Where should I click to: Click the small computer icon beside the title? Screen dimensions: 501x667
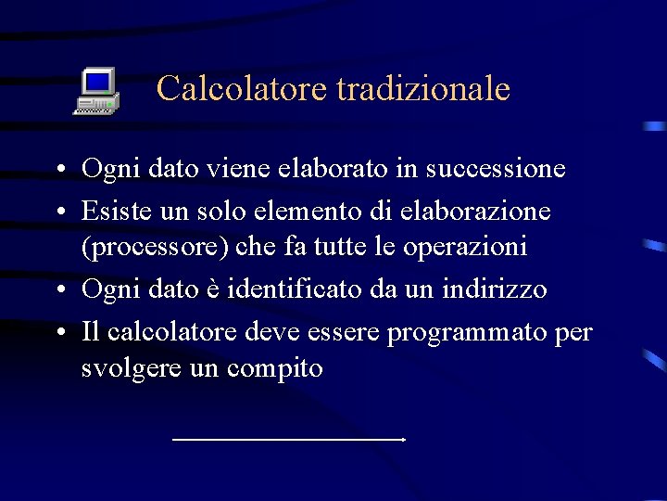[96, 91]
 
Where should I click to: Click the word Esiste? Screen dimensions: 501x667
[112, 211]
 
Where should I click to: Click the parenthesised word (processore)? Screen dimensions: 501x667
[151, 247]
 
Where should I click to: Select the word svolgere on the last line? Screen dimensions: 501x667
[128, 368]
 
